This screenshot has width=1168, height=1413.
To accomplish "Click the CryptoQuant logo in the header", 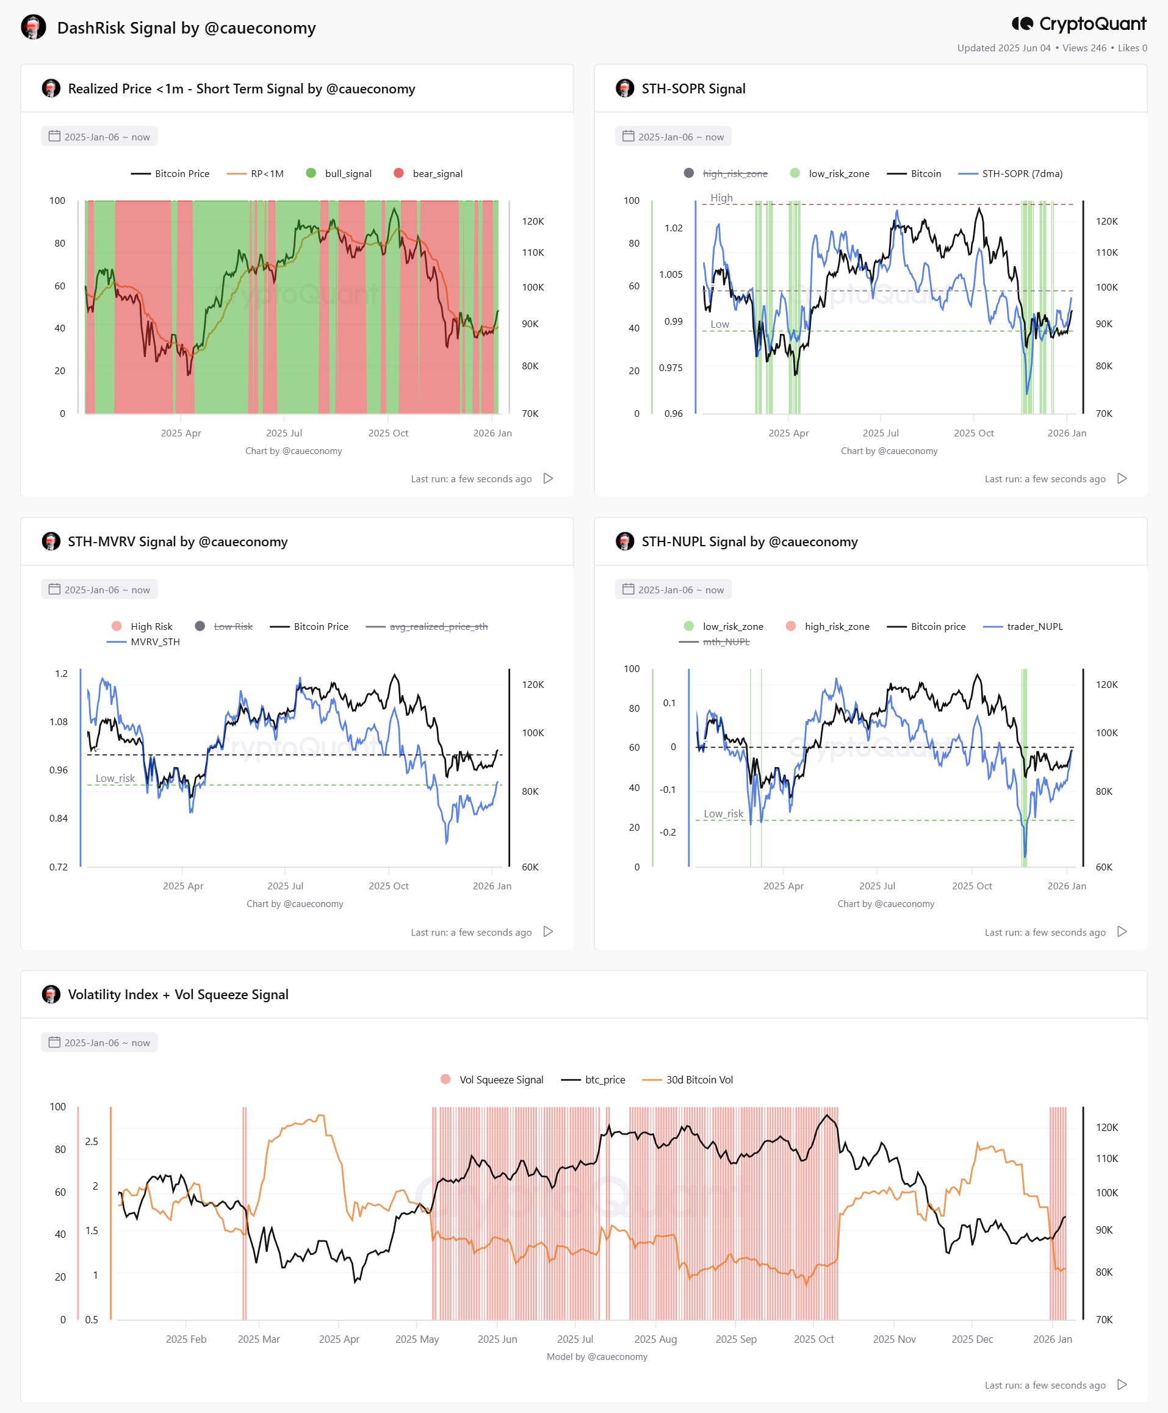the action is [x=1078, y=24].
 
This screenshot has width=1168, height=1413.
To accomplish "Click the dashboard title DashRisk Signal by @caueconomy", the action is [x=186, y=27].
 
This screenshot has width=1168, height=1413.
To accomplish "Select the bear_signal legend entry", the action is [x=428, y=173].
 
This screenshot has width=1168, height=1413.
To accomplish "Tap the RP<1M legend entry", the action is [x=255, y=173].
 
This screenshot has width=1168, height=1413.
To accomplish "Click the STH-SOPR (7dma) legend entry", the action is [x=1010, y=173].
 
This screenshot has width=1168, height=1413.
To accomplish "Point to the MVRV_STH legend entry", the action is [x=143, y=642].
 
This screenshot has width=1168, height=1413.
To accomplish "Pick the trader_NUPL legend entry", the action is [x=1023, y=626].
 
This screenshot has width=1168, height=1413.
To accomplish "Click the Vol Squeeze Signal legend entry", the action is [x=492, y=1079].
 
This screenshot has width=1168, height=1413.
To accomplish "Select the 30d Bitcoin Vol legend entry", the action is [x=688, y=1079].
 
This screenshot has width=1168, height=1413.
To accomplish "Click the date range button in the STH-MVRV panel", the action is [x=99, y=590].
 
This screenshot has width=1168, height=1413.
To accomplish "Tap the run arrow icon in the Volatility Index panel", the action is [x=1122, y=1384].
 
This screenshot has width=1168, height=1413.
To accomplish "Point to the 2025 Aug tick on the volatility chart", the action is [x=655, y=1339].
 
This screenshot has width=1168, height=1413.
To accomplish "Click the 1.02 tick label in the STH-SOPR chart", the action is [x=674, y=228].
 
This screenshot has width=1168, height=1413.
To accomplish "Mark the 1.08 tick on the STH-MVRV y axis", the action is [x=59, y=722].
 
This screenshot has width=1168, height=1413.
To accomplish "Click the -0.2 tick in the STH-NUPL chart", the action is [x=668, y=833].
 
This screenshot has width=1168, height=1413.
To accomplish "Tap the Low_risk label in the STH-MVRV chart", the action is [x=115, y=778].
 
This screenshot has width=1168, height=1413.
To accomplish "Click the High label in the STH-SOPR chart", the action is [x=721, y=198].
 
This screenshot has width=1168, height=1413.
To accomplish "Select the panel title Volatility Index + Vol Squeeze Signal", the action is [x=178, y=994].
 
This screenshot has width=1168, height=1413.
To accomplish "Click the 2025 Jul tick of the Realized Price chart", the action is [x=284, y=433].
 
